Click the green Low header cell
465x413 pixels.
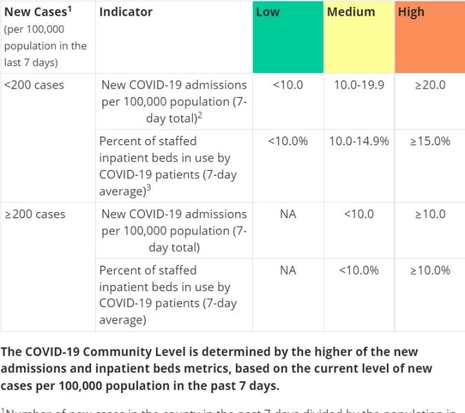(287, 37)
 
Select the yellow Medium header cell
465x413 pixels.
(358, 37)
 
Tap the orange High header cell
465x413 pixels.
(429, 37)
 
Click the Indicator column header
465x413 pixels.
(126, 12)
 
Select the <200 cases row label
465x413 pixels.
(34, 85)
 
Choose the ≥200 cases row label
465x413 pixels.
(35, 214)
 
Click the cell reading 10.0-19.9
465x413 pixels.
(358, 85)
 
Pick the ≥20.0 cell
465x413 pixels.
(429, 85)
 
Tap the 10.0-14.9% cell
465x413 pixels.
(358, 141)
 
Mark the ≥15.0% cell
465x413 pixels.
(429, 141)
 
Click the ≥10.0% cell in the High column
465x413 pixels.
(429, 270)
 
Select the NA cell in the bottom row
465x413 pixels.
(287, 270)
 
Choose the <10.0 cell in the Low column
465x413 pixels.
(287, 85)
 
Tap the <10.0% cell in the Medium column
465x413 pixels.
(358, 270)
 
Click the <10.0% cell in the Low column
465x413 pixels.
(287, 141)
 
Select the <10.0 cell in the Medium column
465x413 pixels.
(358, 214)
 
